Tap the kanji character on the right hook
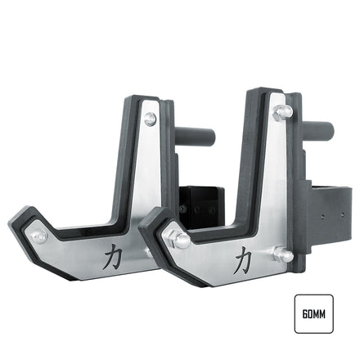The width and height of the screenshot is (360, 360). [243, 262]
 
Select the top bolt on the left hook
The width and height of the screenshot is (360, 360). [150, 119]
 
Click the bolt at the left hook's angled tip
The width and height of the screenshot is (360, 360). [38, 237]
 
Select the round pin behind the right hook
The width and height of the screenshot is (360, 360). [319, 128]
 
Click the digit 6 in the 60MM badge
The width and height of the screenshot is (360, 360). [304, 314]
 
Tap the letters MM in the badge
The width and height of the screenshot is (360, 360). [321, 314]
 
